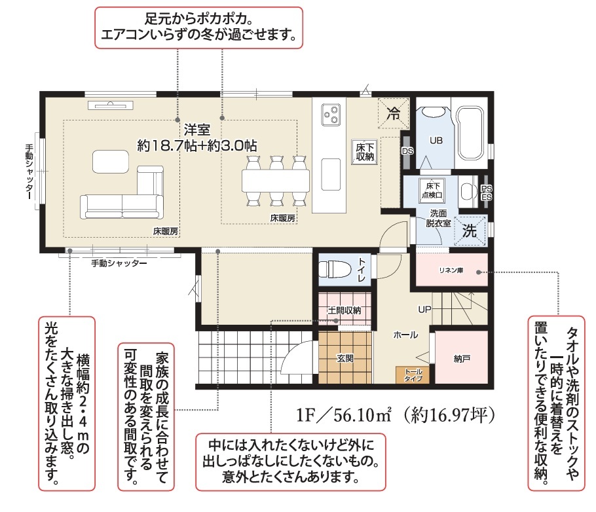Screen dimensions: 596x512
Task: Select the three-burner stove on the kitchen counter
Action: click(331, 115)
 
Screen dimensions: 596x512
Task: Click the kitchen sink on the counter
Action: click(331, 174)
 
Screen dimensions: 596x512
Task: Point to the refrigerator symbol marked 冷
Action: click(394, 113)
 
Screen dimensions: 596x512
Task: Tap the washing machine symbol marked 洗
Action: click(470, 230)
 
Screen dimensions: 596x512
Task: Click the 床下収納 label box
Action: click(365, 152)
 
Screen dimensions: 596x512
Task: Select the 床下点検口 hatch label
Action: click(432, 190)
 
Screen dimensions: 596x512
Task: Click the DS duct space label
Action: click(407, 151)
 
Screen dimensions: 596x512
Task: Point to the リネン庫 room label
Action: click(451, 270)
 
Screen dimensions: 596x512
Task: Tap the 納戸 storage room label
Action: click(462, 358)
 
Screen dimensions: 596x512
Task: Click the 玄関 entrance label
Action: click(345, 358)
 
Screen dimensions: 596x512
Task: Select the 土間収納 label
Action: click(345, 310)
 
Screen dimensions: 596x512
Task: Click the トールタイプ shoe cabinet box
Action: click(413, 375)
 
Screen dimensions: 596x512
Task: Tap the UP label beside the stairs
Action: click(424, 310)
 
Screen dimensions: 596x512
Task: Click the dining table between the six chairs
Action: click(276, 181)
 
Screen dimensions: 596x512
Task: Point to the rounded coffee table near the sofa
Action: click(111, 162)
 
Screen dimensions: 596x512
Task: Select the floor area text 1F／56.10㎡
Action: click(344, 414)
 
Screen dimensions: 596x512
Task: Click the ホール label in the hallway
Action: click(405, 335)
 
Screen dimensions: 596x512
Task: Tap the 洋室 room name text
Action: click(197, 130)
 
